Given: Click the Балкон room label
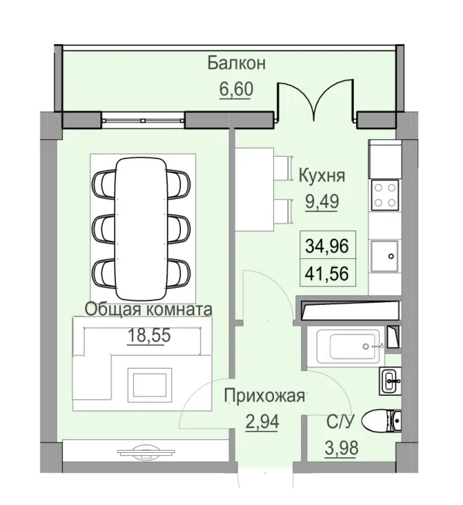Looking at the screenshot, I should pyautogui.click(x=236, y=63).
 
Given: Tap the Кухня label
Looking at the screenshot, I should pyautogui.click(x=322, y=176).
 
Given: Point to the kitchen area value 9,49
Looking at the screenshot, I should pyautogui.click(x=322, y=202).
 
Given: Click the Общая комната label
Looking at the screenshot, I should pyautogui.click(x=148, y=309).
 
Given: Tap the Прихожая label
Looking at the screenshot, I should pyautogui.click(x=264, y=397).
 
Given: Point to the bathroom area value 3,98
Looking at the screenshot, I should pyautogui.click(x=343, y=446).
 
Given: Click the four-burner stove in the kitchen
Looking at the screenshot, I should pyautogui.click(x=385, y=194).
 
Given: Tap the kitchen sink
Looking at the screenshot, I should pyautogui.click(x=385, y=257).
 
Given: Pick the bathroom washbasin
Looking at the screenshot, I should pyautogui.click(x=390, y=379).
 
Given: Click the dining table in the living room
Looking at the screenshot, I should pyautogui.click(x=143, y=219).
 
